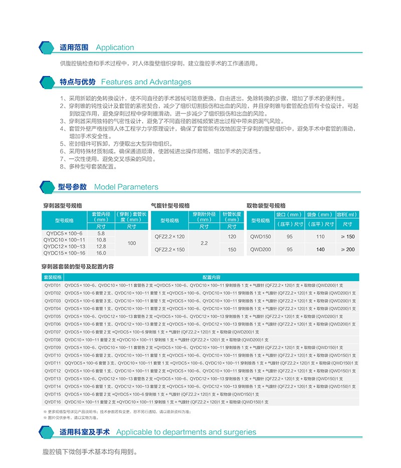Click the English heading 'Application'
(115, 48)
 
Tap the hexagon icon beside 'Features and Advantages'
(47, 82)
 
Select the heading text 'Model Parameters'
(126, 187)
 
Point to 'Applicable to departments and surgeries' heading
(186, 432)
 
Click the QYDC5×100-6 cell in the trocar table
(64, 233)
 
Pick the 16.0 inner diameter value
(101, 253)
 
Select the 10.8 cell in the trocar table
(101, 240)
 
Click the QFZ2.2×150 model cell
(169, 249)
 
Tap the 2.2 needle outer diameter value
(204, 243)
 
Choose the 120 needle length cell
(232, 236)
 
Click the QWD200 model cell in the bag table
(260, 249)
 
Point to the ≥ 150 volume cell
(347, 236)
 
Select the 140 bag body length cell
(320, 249)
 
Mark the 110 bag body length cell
(320, 236)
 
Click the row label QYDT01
(52, 284)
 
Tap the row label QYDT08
(52, 339)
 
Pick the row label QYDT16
(52, 402)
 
